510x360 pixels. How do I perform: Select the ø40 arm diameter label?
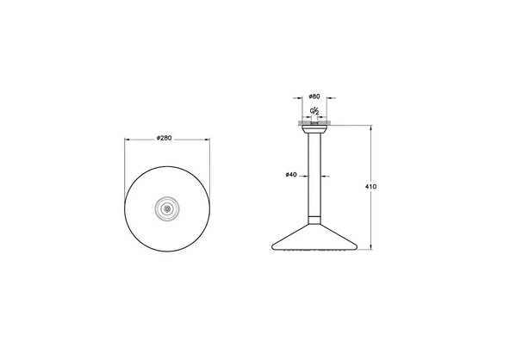(x=290, y=176)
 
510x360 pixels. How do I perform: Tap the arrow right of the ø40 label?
(x=305, y=176)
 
